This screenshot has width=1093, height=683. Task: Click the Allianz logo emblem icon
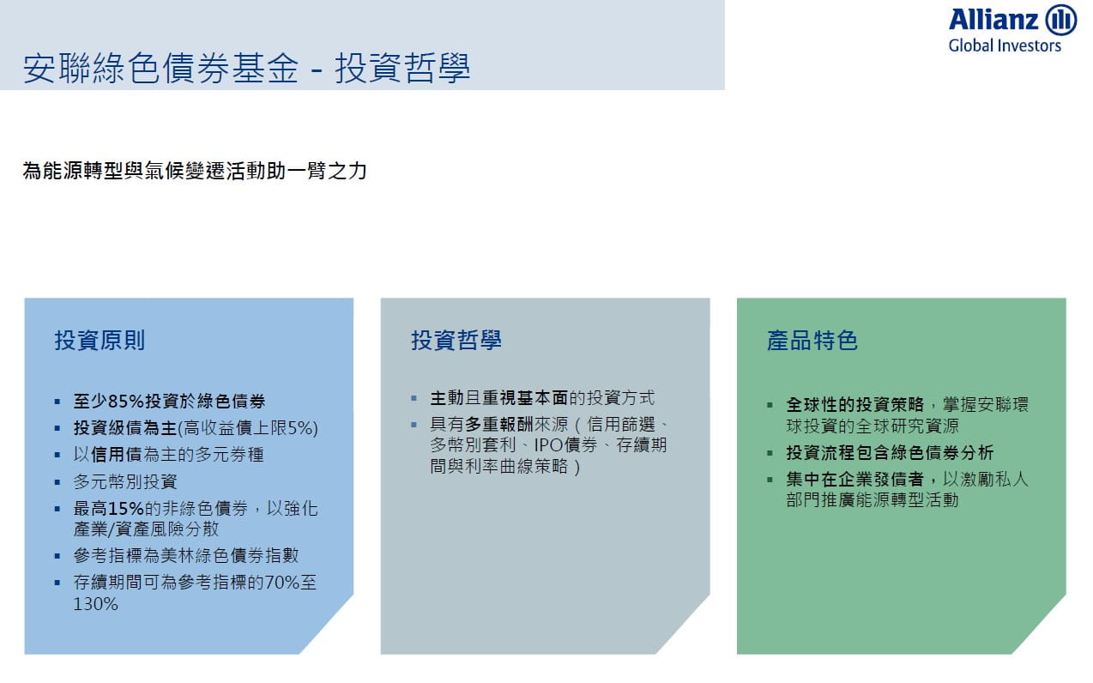(x=1060, y=20)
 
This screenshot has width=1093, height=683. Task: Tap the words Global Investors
(x=1005, y=45)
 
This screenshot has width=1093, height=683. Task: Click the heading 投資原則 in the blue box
(x=100, y=341)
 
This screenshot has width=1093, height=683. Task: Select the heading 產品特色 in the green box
(x=812, y=341)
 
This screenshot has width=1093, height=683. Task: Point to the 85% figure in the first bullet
(x=126, y=402)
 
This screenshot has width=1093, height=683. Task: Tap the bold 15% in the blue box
(x=126, y=509)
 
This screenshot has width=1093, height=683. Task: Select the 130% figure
(x=95, y=604)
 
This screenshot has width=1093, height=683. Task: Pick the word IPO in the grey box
(x=549, y=445)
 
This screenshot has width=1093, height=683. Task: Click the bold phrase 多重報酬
(x=499, y=425)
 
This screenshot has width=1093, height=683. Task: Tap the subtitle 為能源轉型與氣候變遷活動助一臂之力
(x=195, y=171)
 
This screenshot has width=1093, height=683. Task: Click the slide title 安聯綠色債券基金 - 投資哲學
(x=246, y=68)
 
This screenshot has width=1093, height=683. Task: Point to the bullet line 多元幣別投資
(x=125, y=482)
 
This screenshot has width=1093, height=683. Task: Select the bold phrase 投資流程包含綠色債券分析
(x=890, y=453)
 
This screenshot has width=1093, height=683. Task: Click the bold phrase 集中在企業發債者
(x=854, y=479)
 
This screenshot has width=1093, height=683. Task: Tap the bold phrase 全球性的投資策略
(x=854, y=404)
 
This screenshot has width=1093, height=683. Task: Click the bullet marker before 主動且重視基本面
(x=414, y=399)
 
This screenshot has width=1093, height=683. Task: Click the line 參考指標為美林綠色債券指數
(x=186, y=556)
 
